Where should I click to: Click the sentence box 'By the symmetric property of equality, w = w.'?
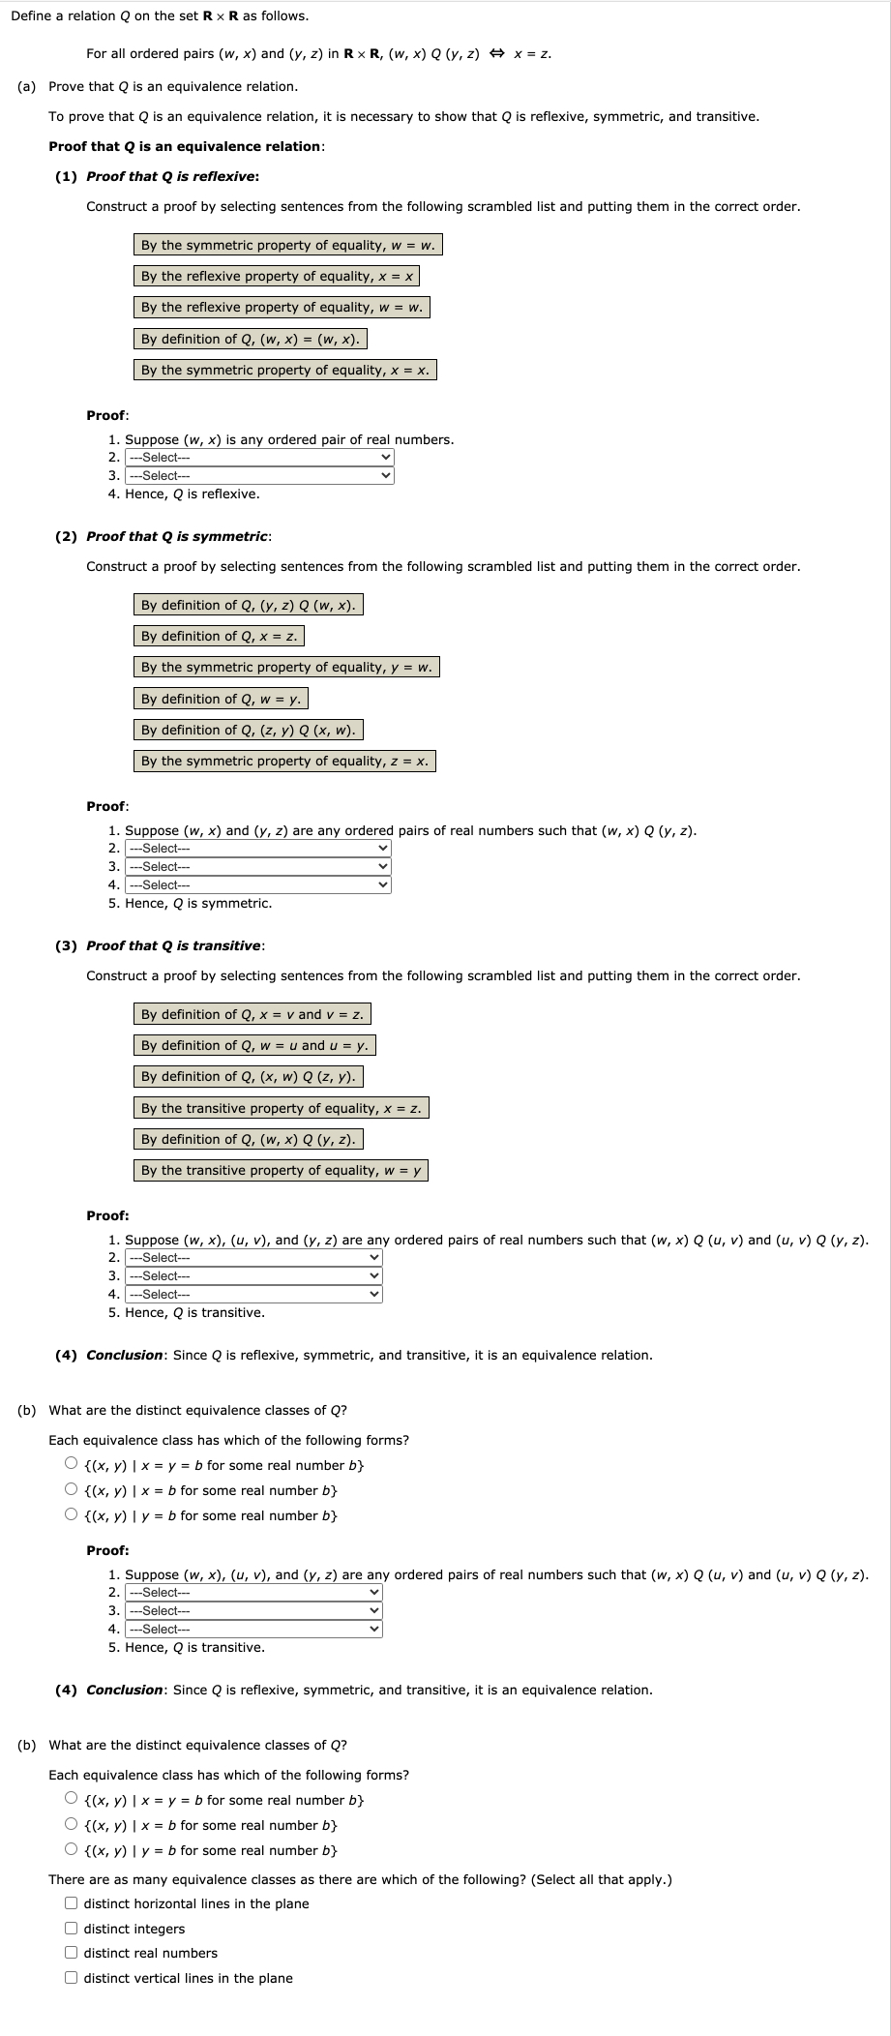pyautogui.click(x=287, y=245)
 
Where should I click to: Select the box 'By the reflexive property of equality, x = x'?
pyautogui.click(x=277, y=276)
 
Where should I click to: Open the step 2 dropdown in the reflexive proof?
pyautogui.click(x=260, y=458)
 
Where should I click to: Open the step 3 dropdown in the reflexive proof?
pyautogui.click(x=260, y=476)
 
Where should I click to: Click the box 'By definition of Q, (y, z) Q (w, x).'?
pyautogui.click(x=248, y=605)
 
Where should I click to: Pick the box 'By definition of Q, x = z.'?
pyautogui.click(x=219, y=636)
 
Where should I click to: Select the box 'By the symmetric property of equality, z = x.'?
pyautogui.click(x=284, y=761)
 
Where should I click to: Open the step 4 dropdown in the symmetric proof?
pyautogui.click(x=258, y=885)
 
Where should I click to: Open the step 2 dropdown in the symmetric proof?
pyautogui.click(x=258, y=849)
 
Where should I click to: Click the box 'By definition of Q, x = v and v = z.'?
pyautogui.click(x=252, y=1014)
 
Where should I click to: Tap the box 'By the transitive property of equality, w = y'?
pyautogui.click(x=281, y=1170)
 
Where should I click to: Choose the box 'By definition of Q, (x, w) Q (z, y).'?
pyautogui.click(x=248, y=1076)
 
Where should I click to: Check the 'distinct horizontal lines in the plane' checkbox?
pyautogui.click(x=72, y=1903)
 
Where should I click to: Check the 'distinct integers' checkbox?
pyautogui.click(x=72, y=1929)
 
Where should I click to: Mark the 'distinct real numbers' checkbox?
pyautogui.click(x=72, y=1953)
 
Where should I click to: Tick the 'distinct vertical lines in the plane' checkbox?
pyautogui.click(x=72, y=1978)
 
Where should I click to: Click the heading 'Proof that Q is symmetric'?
pyautogui.click(x=177, y=536)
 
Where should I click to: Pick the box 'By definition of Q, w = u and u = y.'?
pyautogui.click(x=254, y=1045)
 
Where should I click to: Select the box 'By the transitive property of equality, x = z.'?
pyautogui.click(x=281, y=1108)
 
